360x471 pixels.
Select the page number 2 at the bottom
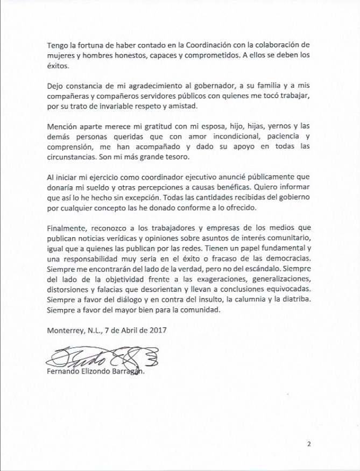[x=309, y=444]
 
